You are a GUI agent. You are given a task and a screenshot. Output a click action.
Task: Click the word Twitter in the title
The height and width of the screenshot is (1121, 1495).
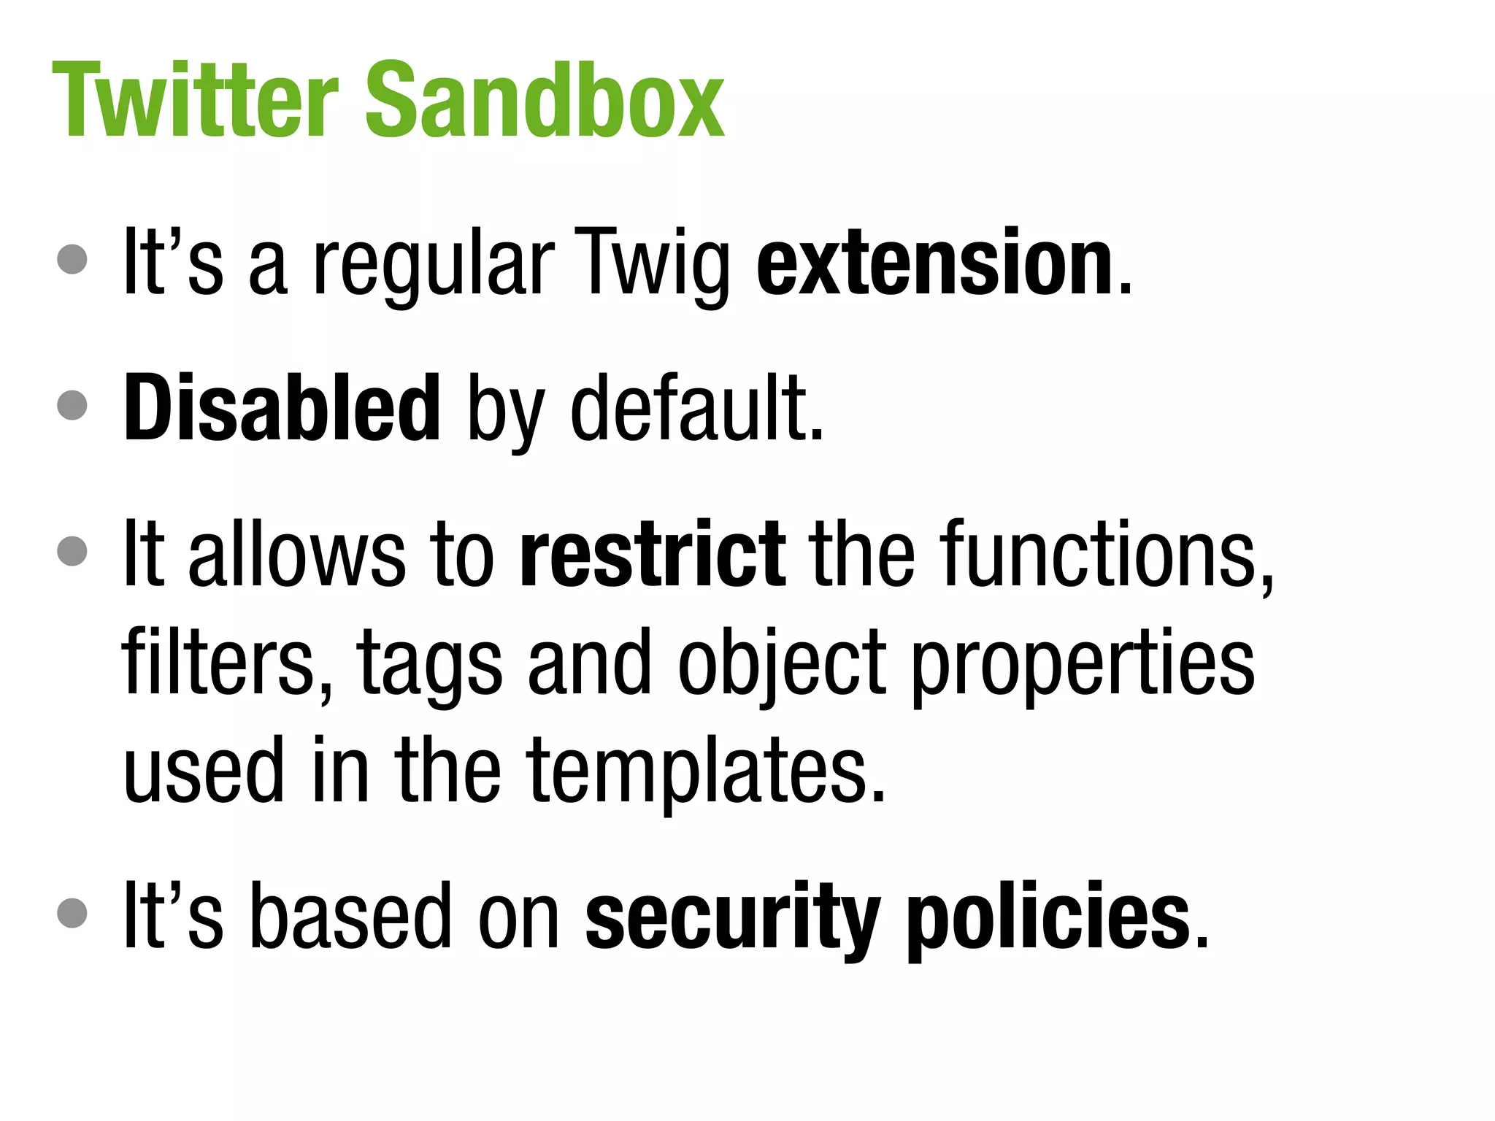196,100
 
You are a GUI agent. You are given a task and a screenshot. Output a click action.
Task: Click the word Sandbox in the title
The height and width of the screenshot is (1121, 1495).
544,100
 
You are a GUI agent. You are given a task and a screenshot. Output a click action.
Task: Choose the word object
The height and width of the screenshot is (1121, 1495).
781,663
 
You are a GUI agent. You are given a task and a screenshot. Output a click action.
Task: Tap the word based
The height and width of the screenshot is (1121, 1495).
351,915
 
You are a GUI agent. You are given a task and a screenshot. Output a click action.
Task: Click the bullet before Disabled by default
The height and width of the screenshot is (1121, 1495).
72,404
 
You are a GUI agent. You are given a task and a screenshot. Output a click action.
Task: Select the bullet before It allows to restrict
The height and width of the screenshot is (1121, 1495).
72,550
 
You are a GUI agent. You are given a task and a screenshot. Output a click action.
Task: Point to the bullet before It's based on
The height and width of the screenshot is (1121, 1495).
72,912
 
